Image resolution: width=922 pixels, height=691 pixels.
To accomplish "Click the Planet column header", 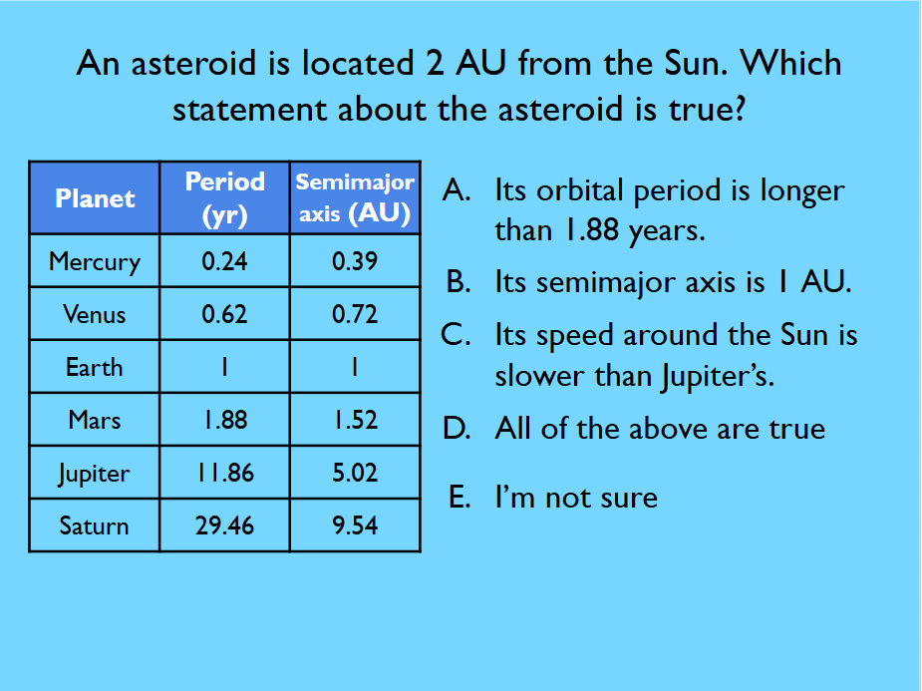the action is point(95,198).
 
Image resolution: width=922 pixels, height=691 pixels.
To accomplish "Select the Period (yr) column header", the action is point(224,198).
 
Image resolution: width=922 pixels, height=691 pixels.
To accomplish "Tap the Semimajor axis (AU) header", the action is point(355,198).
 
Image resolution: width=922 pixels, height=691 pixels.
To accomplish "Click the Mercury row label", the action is point(95,261).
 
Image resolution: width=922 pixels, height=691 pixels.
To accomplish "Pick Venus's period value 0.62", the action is point(224,314).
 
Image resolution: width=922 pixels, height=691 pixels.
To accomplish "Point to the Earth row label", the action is point(94,368).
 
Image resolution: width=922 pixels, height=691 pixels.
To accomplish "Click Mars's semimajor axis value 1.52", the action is point(356,420).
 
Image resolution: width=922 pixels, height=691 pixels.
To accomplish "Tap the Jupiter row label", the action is point(94,474).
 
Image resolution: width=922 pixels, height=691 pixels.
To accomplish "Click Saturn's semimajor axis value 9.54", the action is point(355,525).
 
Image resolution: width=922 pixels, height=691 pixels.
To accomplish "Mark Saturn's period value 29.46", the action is point(224,525).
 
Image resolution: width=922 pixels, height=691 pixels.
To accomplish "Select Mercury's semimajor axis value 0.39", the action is point(355,261).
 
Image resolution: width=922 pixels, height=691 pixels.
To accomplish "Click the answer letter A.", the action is point(457,190).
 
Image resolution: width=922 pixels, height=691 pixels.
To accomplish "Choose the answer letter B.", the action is point(459,282).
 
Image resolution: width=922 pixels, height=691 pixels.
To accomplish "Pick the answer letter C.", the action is point(456,335).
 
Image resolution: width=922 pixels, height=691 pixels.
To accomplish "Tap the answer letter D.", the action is point(458,428).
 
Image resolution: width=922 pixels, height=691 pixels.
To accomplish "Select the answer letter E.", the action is point(460,497).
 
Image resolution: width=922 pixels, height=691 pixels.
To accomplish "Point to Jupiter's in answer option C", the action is point(718,377).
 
